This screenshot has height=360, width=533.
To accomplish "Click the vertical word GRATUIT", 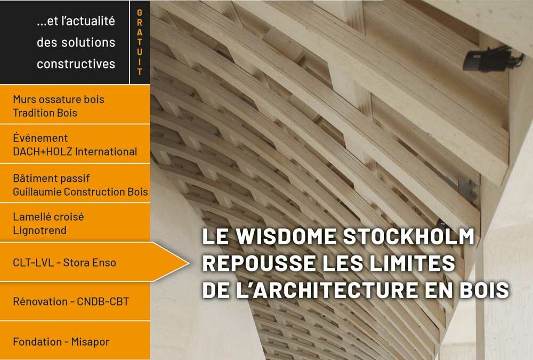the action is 139,42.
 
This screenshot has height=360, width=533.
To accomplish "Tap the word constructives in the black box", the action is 76,63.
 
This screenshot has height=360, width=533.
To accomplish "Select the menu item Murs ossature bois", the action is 59,99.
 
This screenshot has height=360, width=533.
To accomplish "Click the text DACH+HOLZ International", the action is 75,151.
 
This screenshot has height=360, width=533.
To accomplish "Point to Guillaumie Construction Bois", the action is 80,191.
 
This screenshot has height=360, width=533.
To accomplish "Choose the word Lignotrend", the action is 40,230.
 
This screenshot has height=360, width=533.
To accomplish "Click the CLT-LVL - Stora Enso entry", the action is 64,263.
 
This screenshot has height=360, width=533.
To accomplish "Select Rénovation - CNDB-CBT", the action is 71,301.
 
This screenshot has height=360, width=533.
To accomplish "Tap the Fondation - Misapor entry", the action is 61,342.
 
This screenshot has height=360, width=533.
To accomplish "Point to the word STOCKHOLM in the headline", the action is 409,236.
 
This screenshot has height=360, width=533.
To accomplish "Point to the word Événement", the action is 40,138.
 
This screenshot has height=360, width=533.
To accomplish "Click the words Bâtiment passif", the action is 51,178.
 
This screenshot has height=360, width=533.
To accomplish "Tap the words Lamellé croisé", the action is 49,217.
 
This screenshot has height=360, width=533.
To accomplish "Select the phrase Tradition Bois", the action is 45,113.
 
